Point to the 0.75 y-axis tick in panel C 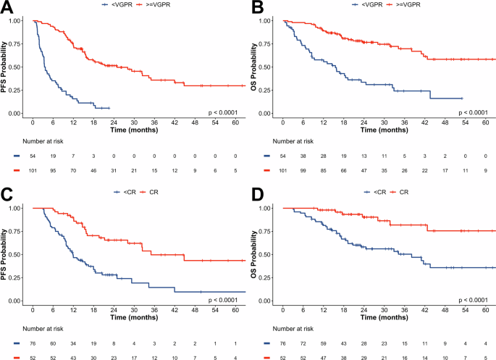pyautogui.click(x=21, y=231)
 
